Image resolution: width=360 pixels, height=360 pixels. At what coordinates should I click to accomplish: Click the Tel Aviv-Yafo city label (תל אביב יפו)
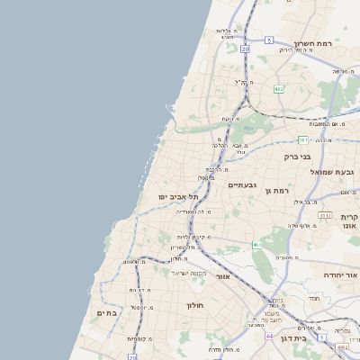coord(156,195)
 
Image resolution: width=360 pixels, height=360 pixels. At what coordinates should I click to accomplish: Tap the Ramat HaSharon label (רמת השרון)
coord(313,43)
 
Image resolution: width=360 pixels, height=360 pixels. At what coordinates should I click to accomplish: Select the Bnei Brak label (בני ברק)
coord(297,156)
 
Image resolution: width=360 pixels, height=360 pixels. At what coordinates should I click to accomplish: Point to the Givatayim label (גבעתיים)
coord(243,185)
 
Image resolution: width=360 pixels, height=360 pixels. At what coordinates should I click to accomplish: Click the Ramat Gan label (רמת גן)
coord(279,190)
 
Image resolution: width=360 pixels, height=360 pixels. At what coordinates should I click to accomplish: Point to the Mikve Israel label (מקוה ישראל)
coord(188,273)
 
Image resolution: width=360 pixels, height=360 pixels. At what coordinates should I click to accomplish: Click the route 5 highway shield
coord(270,40)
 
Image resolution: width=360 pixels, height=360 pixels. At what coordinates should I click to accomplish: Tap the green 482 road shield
coord(279,88)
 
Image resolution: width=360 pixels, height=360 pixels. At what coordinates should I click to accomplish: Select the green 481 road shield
coord(303,139)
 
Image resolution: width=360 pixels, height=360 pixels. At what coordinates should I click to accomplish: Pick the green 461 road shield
coord(256,244)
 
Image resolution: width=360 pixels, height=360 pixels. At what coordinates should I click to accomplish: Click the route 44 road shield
coord(268,336)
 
